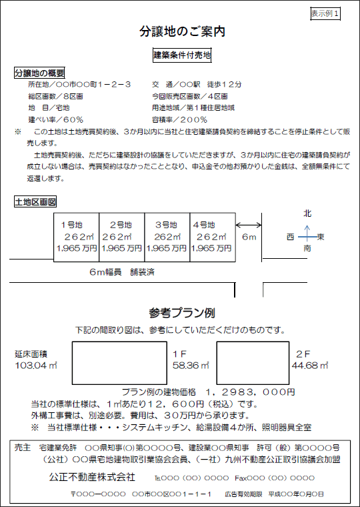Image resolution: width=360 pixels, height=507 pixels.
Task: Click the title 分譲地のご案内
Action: (x=182, y=32)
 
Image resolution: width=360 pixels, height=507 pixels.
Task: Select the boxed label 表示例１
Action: (x=325, y=13)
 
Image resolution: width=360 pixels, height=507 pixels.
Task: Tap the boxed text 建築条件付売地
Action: (x=182, y=55)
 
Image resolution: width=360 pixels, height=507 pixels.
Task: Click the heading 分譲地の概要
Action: (x=39, y=73)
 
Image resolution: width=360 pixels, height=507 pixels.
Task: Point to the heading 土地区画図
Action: (x=35, y=202)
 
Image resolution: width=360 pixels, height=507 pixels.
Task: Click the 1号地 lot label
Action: (x=72, y=225)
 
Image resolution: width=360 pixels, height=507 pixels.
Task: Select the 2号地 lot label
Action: (x=121, y=225)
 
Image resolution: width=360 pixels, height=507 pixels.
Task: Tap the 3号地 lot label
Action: (x=166, y=225)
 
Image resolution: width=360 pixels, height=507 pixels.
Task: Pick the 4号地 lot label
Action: (x=204, y=225)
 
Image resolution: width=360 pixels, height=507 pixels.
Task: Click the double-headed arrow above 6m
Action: (x=249, y=225)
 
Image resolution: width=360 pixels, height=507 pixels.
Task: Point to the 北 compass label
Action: (x=307, y=213)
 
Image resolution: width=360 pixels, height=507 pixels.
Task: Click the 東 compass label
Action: (x=321, y=237)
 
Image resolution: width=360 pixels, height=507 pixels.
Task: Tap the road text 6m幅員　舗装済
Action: (x=122, y=272)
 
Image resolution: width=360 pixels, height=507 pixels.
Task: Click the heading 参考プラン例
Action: (x=182, y=313)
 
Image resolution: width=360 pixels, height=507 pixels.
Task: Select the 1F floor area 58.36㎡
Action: (x=191, y=366)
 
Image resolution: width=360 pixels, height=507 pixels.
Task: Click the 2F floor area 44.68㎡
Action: (x=310, y=366)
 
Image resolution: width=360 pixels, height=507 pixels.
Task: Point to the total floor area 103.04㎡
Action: (x=36, y=366)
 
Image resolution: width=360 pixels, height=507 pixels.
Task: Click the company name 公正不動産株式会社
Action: (x=92, y=477)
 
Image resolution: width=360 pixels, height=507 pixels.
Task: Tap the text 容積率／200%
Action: (x=179, y=120)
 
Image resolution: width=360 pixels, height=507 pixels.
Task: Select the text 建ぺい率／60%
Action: (x=55, y=120)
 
